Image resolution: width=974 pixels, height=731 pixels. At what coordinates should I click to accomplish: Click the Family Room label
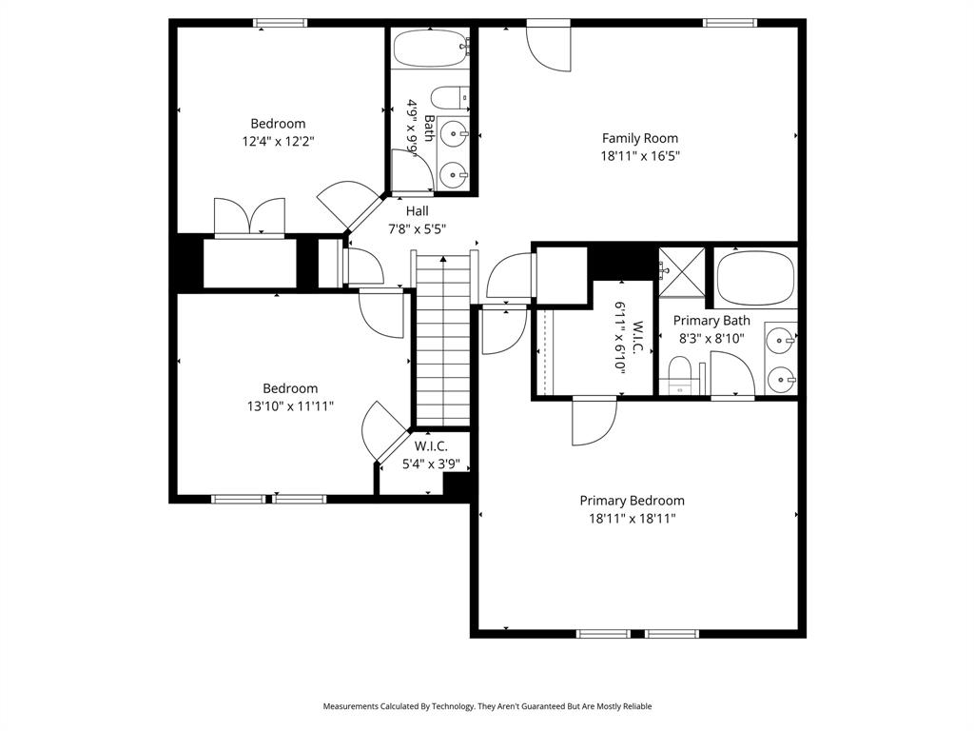640,138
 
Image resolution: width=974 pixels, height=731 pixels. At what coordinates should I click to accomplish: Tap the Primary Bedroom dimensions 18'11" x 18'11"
632,519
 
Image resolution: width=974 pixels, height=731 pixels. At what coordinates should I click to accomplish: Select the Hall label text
417,211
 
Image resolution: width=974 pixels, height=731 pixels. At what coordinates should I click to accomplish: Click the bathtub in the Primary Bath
754,277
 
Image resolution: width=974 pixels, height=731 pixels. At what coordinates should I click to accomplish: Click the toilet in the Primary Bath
679,374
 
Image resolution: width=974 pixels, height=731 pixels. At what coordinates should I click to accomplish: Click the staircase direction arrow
443,259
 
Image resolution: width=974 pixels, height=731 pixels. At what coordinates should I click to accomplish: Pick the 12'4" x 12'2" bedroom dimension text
278,141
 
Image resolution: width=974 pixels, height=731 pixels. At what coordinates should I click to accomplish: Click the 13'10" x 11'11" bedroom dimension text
290,406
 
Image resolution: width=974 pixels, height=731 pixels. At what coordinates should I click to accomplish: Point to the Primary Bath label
711,321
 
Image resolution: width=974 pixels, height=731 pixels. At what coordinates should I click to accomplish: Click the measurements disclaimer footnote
487,706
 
